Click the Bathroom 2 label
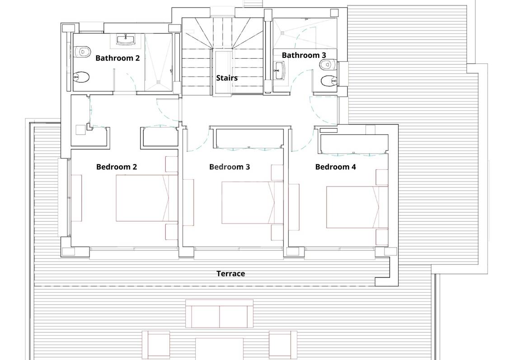click(x=117, y=58)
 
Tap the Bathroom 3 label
click(x=304, y=55)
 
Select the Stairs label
click(x=227, y=78)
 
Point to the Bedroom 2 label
click(x=117, y=167)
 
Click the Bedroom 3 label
click(x=230, y=167)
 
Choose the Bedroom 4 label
click(x=336, y=167)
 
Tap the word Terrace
click(x=231, y=273)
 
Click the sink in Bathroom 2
click(x=126, y=40)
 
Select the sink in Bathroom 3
click(x=280, y=70)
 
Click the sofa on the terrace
click(x=220, y=313)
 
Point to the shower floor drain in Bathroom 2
click(x=159, y=82)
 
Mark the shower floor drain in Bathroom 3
click(x=282, y=33)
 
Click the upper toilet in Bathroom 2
click(x=82, y=51)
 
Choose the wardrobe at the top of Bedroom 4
click(x=354, y=144)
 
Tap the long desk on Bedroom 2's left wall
click(x=77, y=198)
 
